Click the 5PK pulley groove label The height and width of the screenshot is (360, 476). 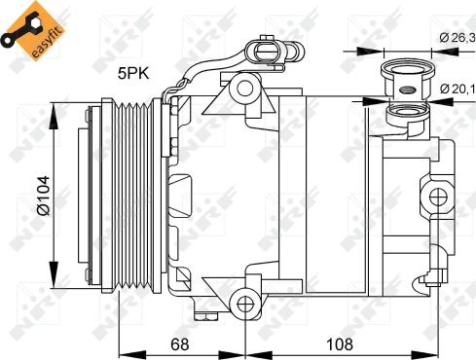pyautogui.click(x=133, y=71)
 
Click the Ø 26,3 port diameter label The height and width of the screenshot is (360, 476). pyautogui.click(x=456, y=37)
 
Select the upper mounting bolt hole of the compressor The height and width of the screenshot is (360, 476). pyautogui.click(x=245, y=90)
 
